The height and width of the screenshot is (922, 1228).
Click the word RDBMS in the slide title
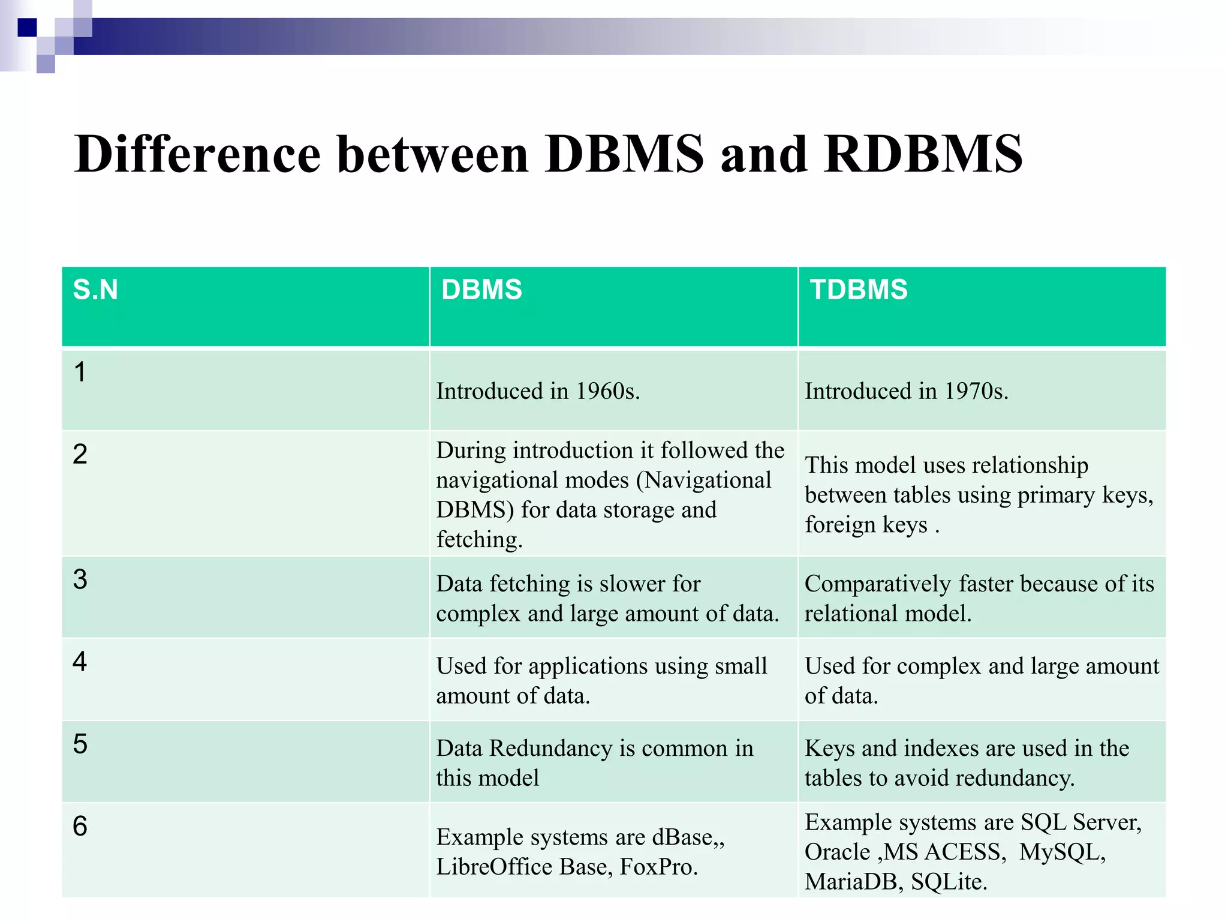click(x=923, y=154)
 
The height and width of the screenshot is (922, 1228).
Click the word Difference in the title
click(x=197, y=154)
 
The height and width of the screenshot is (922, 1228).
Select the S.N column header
click(x=95, y=290)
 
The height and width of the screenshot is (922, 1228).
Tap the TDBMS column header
click(x=859, y=290)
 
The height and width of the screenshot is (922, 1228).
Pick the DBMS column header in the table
click(x=481, y=290)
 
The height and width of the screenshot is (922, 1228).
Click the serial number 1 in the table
click(x=80, y=372)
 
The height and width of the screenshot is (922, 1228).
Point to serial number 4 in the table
click(x=80, y=662)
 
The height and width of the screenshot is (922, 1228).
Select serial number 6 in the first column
click(x=80, y=827)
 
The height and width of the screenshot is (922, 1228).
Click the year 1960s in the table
click(x=607, y=391)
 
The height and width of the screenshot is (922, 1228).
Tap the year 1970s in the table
click(x=976, y=391)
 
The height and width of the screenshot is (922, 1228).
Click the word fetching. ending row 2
click(x=479, y=539)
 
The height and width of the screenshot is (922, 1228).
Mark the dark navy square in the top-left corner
click(x=27, y=28)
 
